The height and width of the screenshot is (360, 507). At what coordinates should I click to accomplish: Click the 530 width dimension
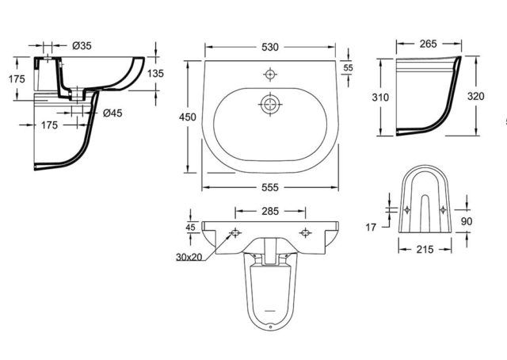271,48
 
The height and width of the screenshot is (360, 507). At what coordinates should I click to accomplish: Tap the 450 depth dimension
188,117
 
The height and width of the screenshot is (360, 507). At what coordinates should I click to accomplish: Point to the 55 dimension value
348,69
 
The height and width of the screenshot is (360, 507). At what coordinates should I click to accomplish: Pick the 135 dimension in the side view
156,74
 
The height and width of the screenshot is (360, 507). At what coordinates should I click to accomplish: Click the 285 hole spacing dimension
271,212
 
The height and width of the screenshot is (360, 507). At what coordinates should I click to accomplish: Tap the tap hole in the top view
270,75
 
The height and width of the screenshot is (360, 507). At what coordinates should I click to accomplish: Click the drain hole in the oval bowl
271,104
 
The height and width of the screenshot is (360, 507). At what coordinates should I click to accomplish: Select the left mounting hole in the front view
235,233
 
